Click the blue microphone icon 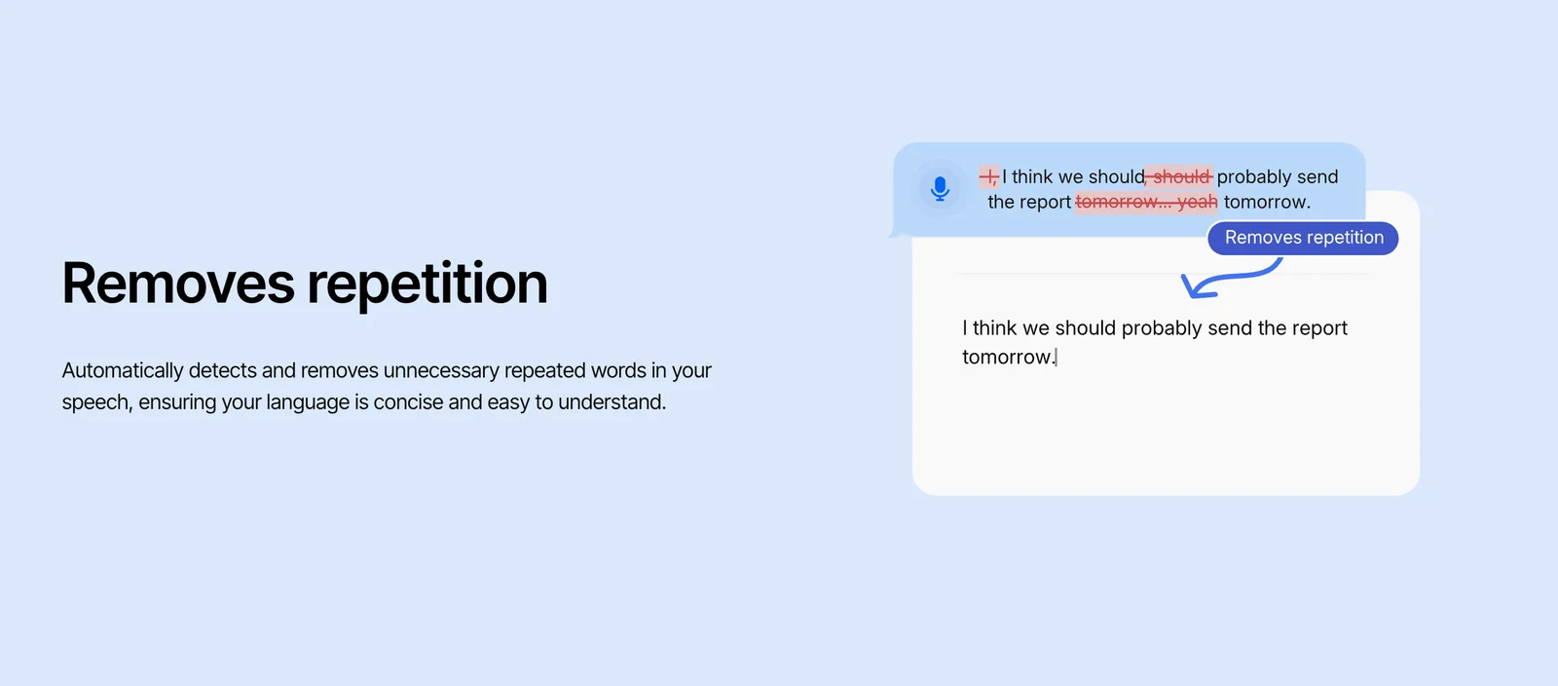[940, 188]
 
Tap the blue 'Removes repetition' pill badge [1303, 238]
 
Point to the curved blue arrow [1229, 279]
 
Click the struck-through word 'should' [1181, 177]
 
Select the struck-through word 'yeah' [1197, 203]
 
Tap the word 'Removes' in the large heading [178, 284]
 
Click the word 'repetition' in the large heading [427, 284]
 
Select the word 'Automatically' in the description [123, 371]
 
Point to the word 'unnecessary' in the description [441, 371]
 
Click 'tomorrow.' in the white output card [1008, 358]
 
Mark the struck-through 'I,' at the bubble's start [988, 177]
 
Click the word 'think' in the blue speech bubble [1032, 177]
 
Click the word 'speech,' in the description [96, 402]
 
